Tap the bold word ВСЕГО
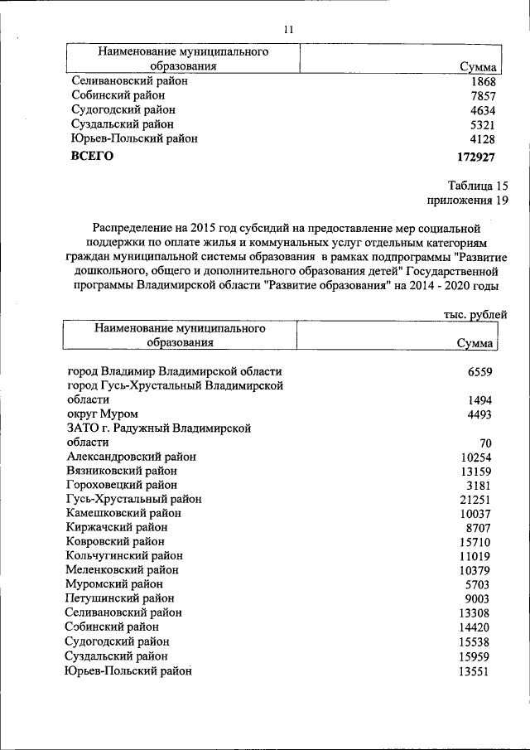click(x=92, y=156)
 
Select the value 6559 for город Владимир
click(x=479, y=372)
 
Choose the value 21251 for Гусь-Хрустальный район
click(x=476, y=499)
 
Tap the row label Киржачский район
click(x=116, y=527)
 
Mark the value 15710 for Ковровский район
click(x=476, y=541)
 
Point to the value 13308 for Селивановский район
click(x=476, y=612)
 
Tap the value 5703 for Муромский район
click(x=479, y=584)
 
